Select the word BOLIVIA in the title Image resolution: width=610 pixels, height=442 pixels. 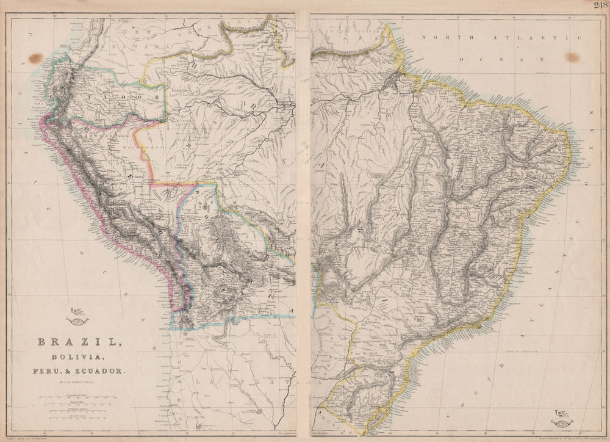[x=77, y=358]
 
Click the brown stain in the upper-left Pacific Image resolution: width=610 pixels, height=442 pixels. [x=35, y=58]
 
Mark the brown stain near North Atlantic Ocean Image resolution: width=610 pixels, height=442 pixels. [x=572, y=57]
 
